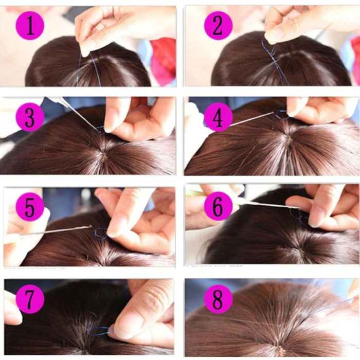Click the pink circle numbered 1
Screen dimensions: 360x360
(30, 26)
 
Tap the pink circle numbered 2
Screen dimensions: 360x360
(218, 26)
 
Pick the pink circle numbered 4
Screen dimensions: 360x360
(218, 117)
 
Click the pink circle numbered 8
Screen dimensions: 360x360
(218, 299)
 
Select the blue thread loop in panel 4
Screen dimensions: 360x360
(281, 115)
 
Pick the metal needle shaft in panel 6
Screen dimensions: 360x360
(270, 205)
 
